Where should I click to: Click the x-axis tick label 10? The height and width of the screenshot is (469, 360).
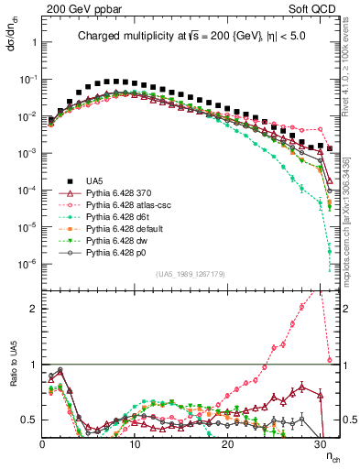[135, 442]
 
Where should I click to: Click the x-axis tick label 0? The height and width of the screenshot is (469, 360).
[43, 442]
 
